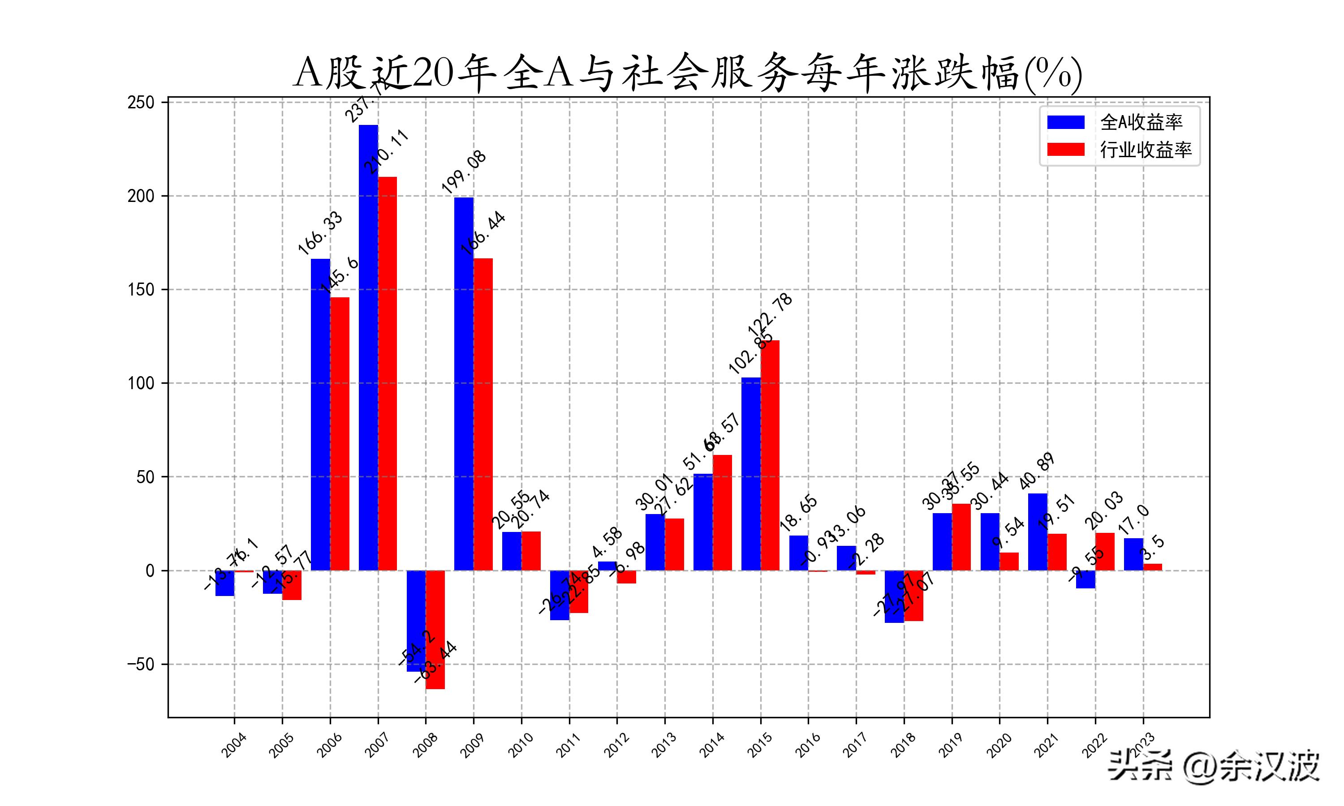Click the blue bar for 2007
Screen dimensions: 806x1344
click(368, 347)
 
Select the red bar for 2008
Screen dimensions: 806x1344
click(435, 630)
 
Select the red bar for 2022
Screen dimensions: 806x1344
click(1104, 551)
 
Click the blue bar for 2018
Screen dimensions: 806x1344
click(894, 596)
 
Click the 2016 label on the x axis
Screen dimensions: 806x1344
click(807, 745)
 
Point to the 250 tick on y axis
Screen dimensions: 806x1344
click(141, 103)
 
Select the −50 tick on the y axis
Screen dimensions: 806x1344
click(141, 664)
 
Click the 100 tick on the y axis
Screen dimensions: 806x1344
click(141, 383)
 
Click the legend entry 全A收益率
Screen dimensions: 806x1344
click(1141, 123)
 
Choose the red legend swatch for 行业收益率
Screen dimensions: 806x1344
click(1065, 150)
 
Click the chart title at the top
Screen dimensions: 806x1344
click(687, 73)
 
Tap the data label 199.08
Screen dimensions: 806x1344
click(463, 173)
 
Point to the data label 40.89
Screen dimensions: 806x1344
click(1037, 471)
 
